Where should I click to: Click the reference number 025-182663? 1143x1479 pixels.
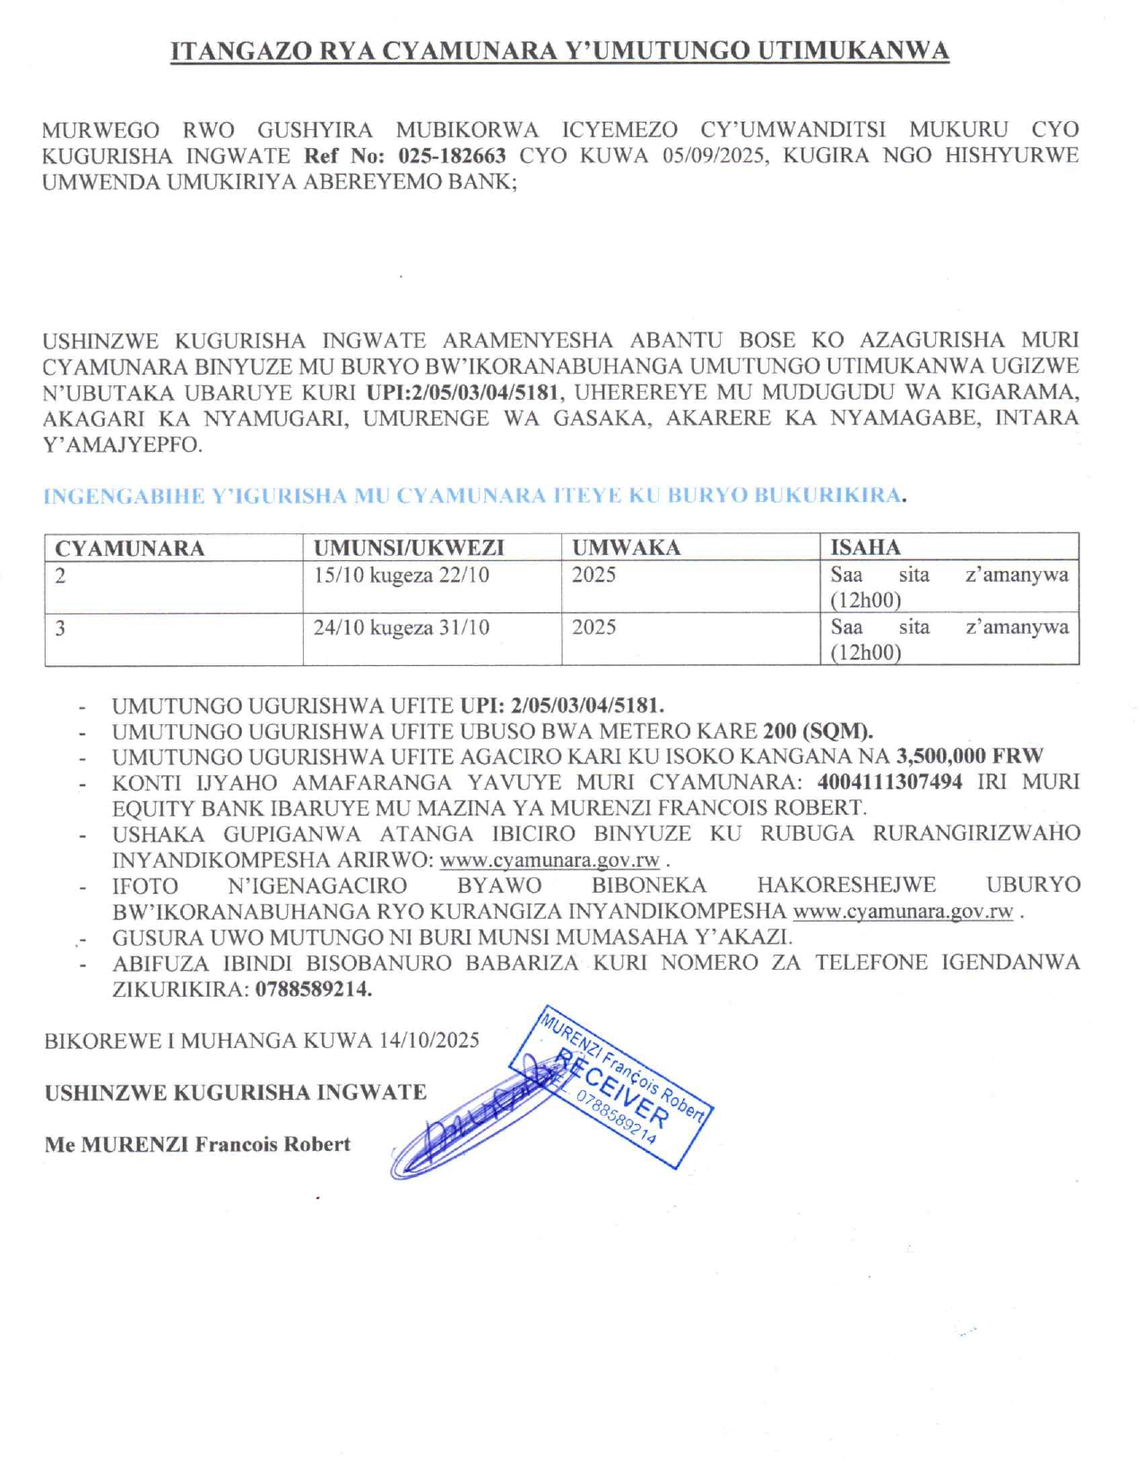click(x=452, y=156)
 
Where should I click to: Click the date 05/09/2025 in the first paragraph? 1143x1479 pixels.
click(x=714, y=156)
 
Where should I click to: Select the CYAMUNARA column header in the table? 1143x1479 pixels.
click(x=130, y=548)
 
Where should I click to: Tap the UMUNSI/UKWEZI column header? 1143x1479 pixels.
click(x=409, y=548)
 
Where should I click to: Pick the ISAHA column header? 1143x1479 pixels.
click(x=865, y=548)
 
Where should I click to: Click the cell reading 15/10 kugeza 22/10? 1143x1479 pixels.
click(x=402, y=575)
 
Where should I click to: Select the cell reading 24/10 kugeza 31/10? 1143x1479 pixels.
click(x=402, y=627)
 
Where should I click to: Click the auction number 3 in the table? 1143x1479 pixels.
click(x=60, y=627)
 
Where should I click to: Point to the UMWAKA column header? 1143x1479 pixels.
click(x=626, y=548)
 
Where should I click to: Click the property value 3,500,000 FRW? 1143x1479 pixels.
click(x=970, y=757)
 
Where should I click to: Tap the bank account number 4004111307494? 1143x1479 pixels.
click(x=889, y=782)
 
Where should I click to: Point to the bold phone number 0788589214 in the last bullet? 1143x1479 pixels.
click(x=314, y=990)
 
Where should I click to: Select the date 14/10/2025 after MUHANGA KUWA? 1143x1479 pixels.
click(x=429, y=1041)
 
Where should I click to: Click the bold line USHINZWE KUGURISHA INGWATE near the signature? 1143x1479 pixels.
click(x=236, y=1093)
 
